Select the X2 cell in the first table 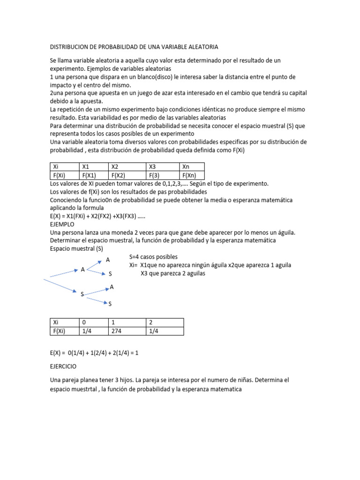pos(127,166)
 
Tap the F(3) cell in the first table pos(163,175)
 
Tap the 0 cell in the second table pos(94,322)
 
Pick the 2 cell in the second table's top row pos(165,322)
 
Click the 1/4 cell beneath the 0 pos(94,331)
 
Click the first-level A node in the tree pos(83,270)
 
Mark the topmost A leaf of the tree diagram pos(108,260)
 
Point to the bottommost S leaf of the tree pos(110,304)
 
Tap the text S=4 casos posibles pos(153,257)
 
